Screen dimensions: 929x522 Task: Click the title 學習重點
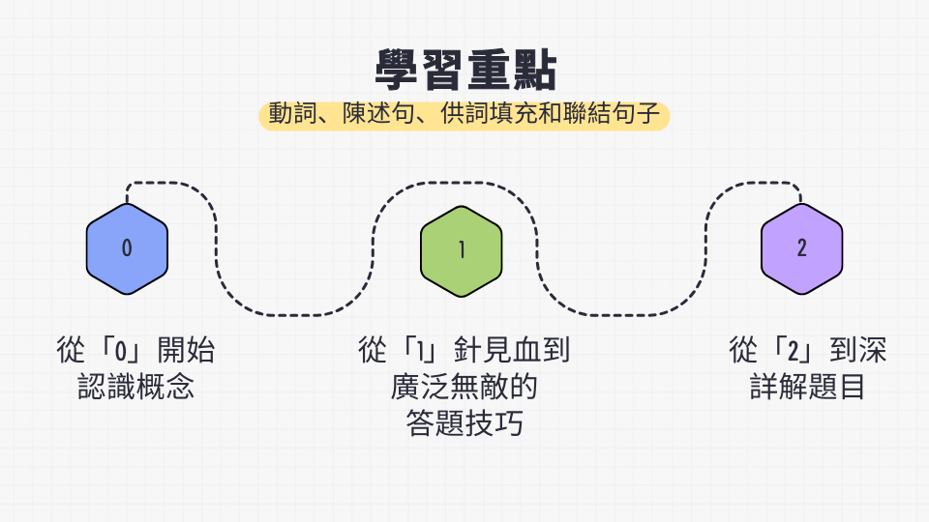(x=465, y=70)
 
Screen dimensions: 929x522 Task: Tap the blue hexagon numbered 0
(x=127, y=248)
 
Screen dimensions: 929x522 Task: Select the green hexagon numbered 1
(x=462, y=251)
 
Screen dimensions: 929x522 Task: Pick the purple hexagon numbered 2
(x=801, y=248)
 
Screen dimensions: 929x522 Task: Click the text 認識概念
(x=135, y=387)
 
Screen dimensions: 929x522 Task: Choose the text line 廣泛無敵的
(x=464, y=387)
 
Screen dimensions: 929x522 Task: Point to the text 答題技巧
(x=464, y=423)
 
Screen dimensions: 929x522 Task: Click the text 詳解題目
(x=807, y=387)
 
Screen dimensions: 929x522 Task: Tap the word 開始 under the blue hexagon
(x=186, y=350)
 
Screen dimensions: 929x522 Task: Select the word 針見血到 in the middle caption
(x=512, y=350)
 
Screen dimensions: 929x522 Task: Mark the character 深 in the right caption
(x=873, y=350)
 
